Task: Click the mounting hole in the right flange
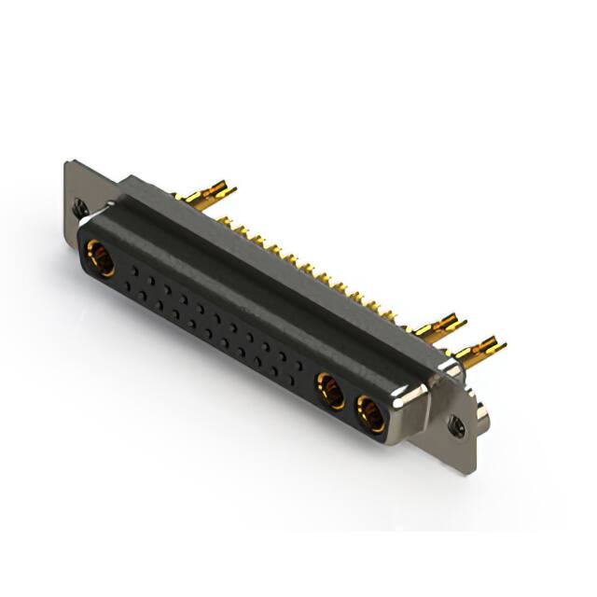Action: point(458,428)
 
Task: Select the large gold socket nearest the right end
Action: point(370,413)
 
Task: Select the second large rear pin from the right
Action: point(438,326)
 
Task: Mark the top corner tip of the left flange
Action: point(67,163)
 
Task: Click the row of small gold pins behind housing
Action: point(308,271)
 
